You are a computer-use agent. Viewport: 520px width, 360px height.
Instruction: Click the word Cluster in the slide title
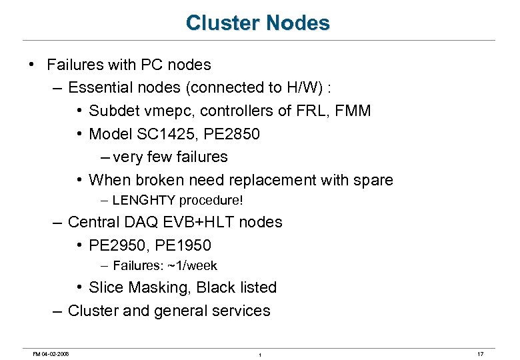(x=223, y=23)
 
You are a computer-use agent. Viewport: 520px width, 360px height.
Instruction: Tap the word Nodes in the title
(x=298, y=23)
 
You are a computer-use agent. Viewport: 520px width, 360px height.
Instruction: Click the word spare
(x=373, y=180)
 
